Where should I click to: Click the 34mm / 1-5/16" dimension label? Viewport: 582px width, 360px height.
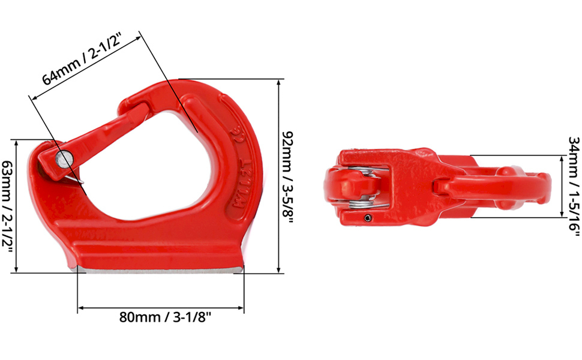[574, 182]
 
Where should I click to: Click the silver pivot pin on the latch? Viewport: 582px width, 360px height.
[63, 158]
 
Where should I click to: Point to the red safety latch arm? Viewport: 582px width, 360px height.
[102, 133]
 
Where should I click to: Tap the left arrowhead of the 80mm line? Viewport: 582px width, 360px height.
[80, 309]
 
